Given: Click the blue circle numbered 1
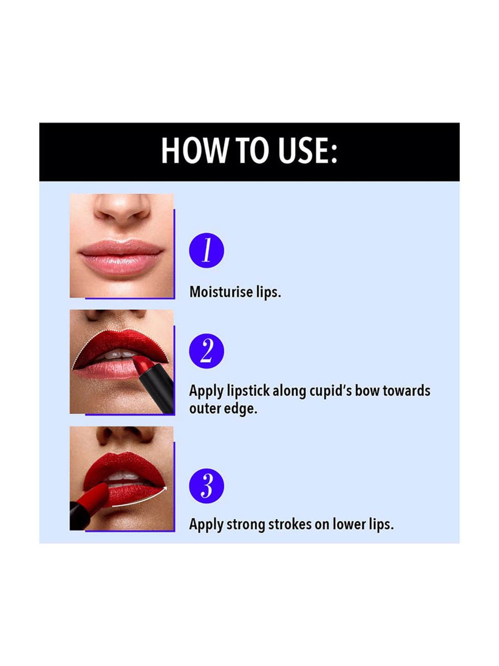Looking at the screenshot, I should [206, 250].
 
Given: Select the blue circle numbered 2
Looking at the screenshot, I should [206, 351].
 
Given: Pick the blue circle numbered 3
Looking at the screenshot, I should [206, 486].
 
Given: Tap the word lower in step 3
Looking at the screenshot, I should [345, 524].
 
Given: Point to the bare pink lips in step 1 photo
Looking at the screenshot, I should [120, 258].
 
